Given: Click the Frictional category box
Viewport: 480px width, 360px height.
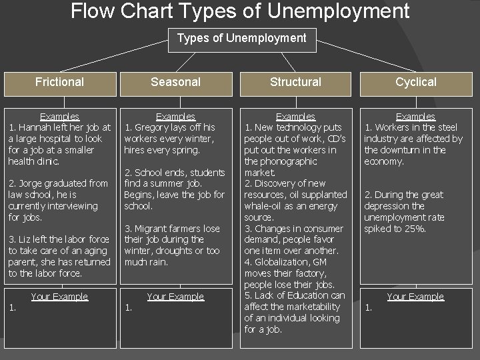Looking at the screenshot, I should point(59,82).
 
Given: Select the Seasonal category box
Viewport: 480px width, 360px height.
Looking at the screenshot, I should point(175,82).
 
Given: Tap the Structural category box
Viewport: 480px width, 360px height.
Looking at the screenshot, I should point(295,82).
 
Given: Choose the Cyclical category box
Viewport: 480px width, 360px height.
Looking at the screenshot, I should point(415,82).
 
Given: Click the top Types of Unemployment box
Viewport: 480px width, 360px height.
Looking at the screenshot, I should point(241,38).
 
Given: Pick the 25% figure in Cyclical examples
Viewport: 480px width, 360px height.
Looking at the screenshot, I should point(415,229).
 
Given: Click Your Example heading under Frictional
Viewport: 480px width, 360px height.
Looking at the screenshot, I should point(59,297).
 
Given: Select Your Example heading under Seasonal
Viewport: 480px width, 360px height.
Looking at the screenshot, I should point(175,297).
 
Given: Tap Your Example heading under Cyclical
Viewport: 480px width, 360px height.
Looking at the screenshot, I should point(415,297).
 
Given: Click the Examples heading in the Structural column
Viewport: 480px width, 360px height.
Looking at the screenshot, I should point(295,117).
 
